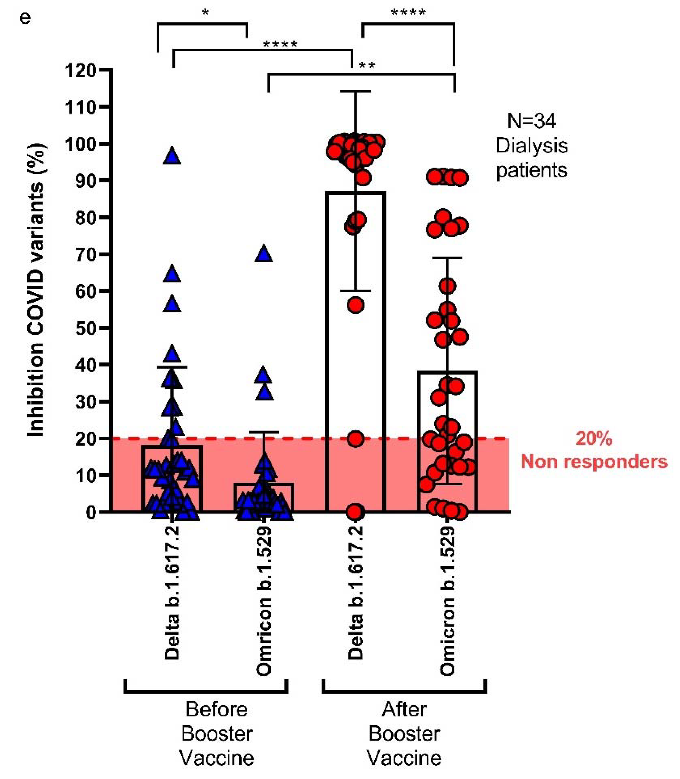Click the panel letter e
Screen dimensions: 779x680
tap(25, 18)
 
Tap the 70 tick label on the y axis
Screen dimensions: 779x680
tap(86, 255)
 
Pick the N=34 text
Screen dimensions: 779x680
tap(532, 121)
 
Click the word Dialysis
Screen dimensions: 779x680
tap(532, 146)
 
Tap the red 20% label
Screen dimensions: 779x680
tap(594, 439)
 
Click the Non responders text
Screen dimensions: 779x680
tap(594, 462)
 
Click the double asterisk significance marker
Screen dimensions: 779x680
tap(367, 66)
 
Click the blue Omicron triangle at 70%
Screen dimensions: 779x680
tap(264, 254)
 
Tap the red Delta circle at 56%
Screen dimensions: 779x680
tap(356, 305)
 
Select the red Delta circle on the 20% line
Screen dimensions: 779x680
tap(356, 439)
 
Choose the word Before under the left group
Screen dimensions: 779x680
tap(217, 709)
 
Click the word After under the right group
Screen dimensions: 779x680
tap(404, 709)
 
